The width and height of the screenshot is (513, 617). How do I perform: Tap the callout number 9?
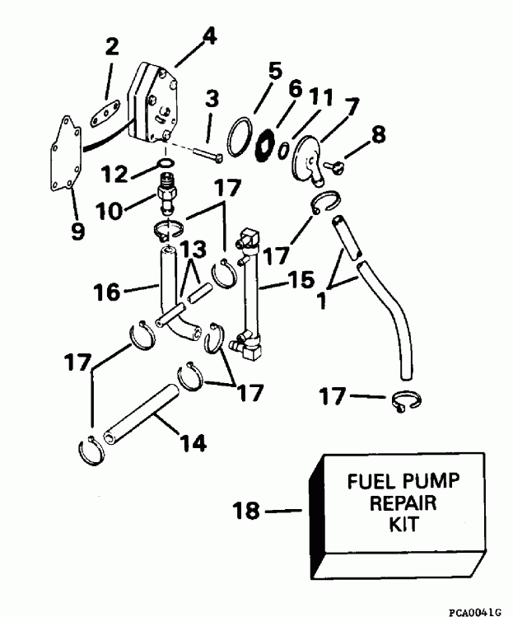(x=77, y=232)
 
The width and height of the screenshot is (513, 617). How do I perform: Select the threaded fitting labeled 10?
(x=167, y=199)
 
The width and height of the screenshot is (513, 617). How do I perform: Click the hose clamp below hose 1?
(x=404, y=400)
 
